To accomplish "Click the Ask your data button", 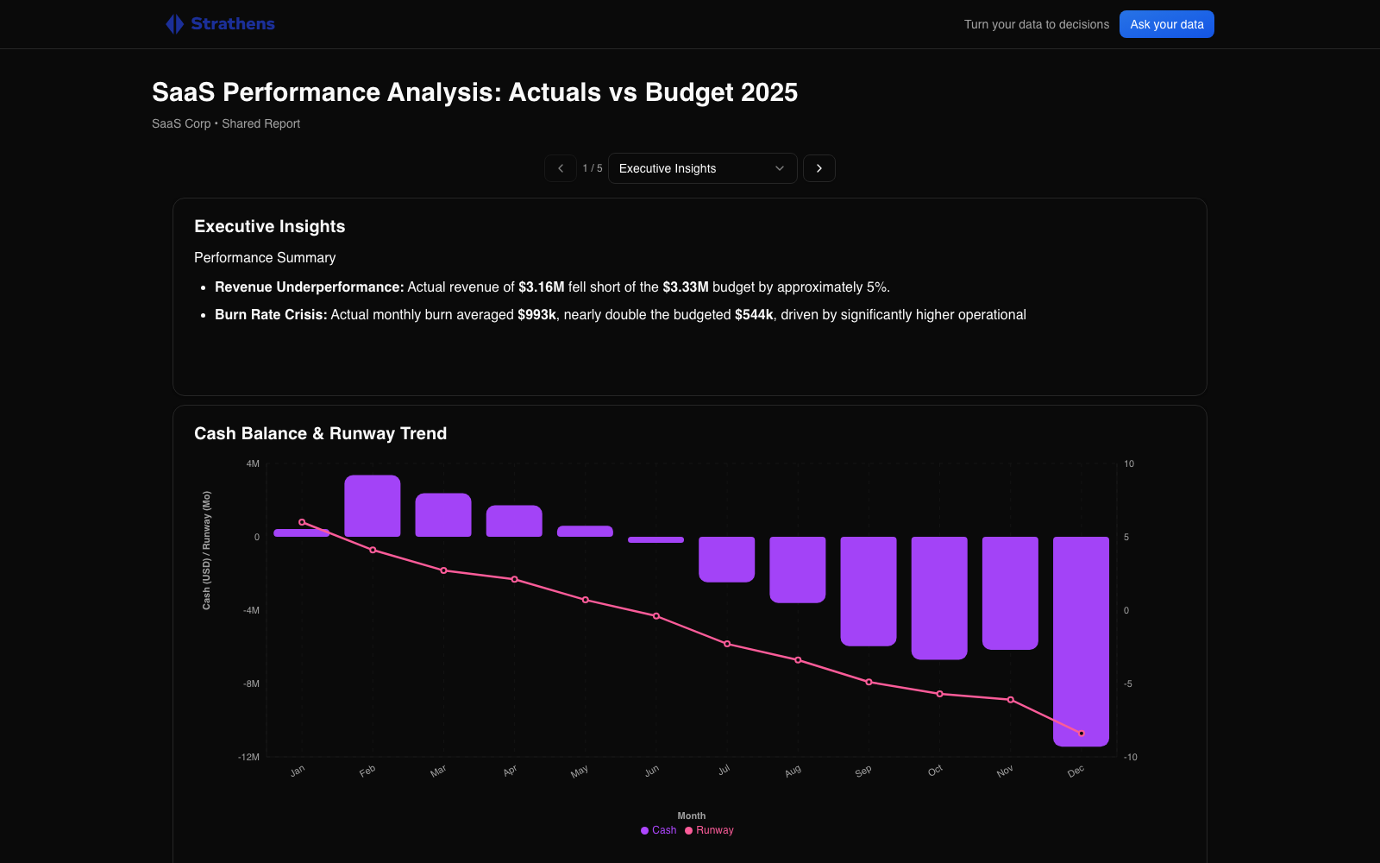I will (x=1166, y=24).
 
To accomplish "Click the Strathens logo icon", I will (x=174, y=24).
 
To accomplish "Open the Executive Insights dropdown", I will (x=702, y=168).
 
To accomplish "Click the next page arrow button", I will (x=819, y=168).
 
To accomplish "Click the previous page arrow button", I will (x=561, y=168).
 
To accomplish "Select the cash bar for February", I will (x=373, y=507).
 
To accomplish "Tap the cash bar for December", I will (x=1081, y=640).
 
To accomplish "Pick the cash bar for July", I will (x=726, y=559).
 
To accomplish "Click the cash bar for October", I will (x=939, y=597).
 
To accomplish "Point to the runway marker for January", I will (x=302, y=522).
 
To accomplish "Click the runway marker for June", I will (x=656, y=616).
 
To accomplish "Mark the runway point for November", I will (x=1011, y=700).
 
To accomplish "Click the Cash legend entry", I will (x=659, y=830).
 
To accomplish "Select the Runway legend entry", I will (x=710, y=830).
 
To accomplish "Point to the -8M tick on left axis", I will (x=251, y=683).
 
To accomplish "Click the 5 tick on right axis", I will (x=1126, y=537).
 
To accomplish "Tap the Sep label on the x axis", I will (x=863, y=771).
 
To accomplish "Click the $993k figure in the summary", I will (x=536, y=315).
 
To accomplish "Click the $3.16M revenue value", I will (x=541, y=287).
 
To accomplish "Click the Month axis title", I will (x=691, y=816).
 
